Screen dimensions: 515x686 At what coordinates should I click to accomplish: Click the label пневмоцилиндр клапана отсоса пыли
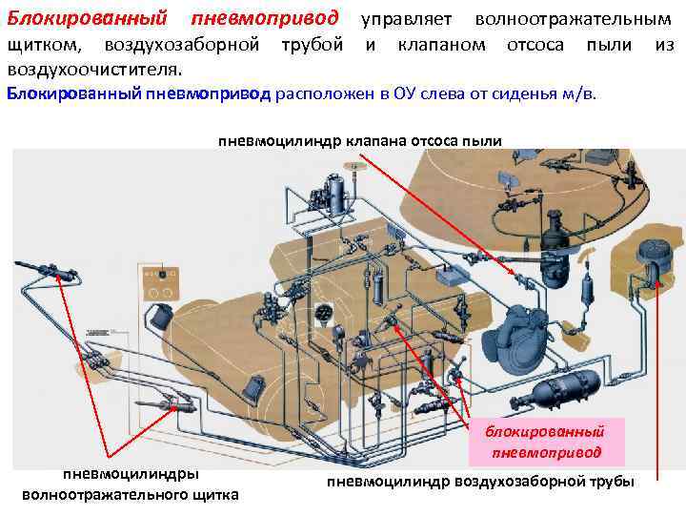click(x=360, y=141)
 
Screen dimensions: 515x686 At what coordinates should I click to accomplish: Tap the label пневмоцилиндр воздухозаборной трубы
click(x=479, y=481)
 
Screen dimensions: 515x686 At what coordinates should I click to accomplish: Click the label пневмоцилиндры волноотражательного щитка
click(x=131, y=484)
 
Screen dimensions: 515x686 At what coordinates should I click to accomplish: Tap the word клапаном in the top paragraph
click(x=434, y=45)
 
